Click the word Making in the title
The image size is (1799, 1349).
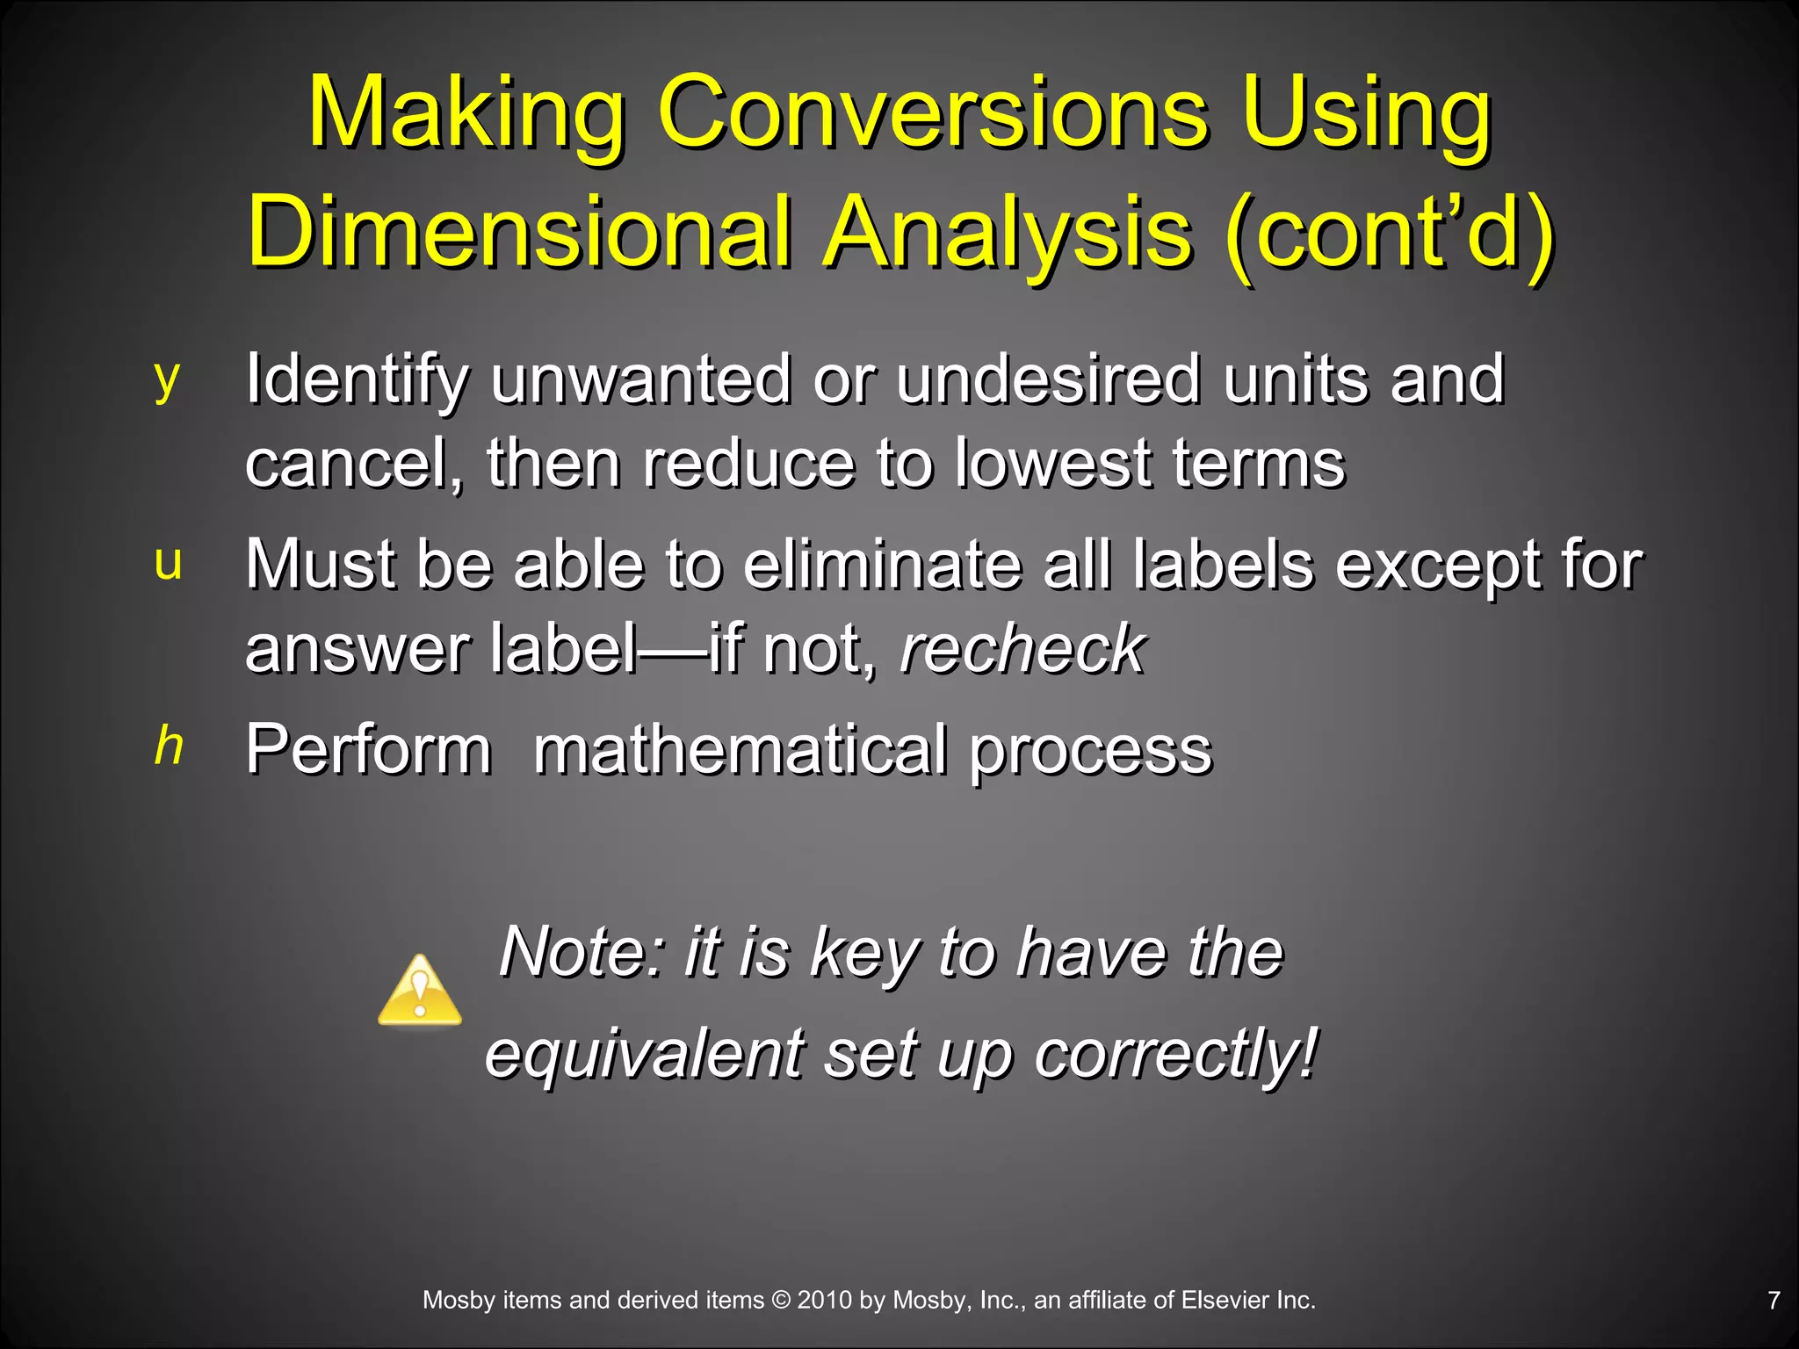[x=466, y=114]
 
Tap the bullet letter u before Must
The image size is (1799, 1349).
[x=168, y=562]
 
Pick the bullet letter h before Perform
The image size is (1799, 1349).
[x=169, y=747]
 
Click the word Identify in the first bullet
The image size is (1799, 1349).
[x=357, y=379]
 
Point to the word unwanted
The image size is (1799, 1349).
[x=641, y=379]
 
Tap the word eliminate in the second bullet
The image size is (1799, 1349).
[x=883, y=565]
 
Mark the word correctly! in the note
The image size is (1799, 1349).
[x=1176, y=1053]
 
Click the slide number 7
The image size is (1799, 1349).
[x=1774, y=1301]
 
